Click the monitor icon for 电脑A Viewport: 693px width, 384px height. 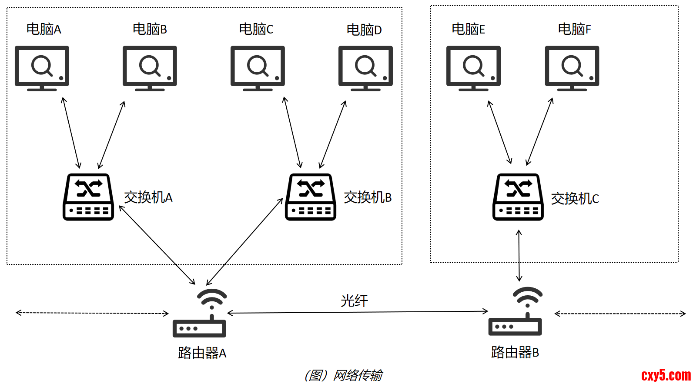point(42,68)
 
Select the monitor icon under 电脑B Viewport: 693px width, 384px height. point(150,68)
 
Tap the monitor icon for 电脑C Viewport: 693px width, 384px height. point(258,68)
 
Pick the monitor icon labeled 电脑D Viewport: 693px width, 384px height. point(365,68)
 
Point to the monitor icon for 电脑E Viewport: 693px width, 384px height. point(473,68)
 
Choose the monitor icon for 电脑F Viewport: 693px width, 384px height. point(572,68)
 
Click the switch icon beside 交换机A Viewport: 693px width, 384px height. point(88,197)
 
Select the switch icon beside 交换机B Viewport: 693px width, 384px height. point(311,197)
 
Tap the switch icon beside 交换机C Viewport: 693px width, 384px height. point(518,197)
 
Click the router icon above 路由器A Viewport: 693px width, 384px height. point(200,314)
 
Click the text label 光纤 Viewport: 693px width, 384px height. point(354,301)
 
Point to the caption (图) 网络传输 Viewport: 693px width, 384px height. point(344,375)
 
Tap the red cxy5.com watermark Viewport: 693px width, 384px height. point(666,375)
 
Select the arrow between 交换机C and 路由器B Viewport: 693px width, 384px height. point(519,256)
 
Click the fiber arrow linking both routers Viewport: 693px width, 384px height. point(358,312)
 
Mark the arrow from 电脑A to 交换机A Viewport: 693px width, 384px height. point(71,133)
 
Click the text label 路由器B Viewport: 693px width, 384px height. point(515,352)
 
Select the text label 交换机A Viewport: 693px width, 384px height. point(148,197)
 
